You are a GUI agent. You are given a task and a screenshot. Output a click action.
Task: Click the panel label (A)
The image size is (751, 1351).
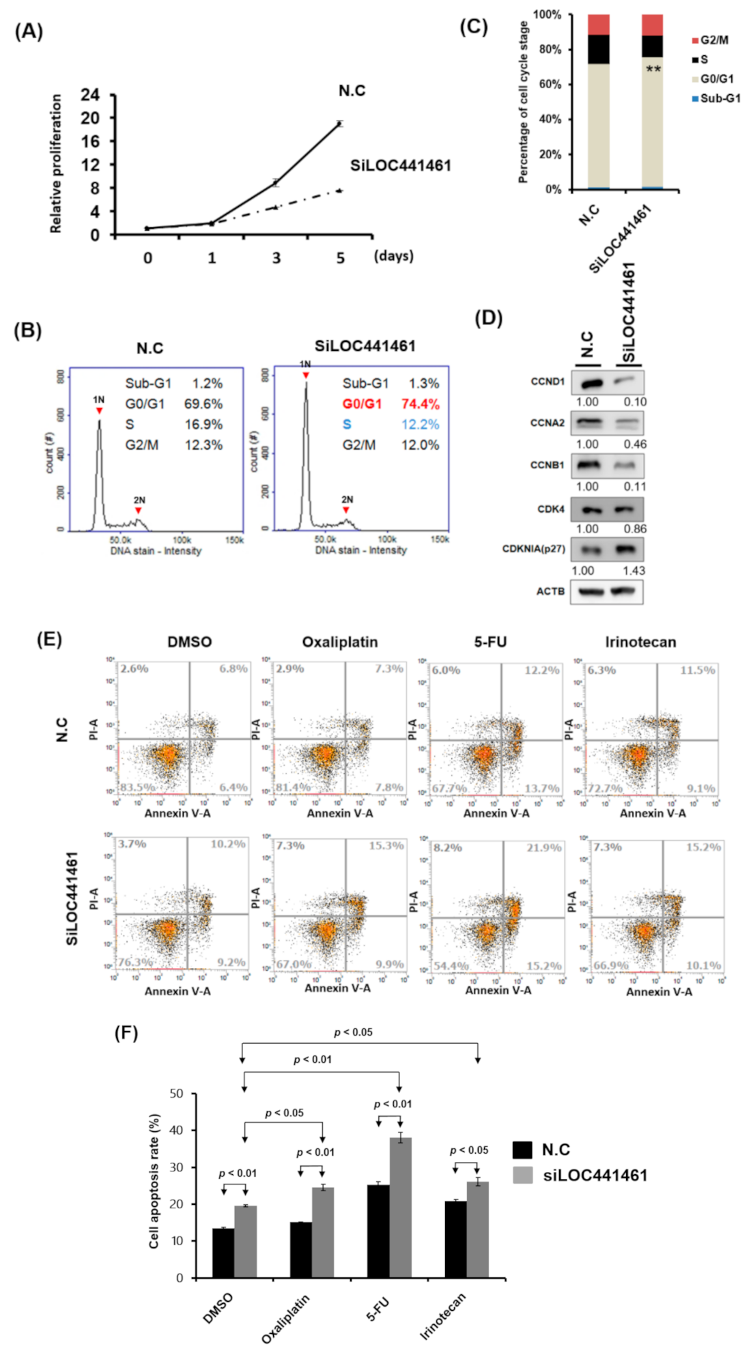click(29, 31)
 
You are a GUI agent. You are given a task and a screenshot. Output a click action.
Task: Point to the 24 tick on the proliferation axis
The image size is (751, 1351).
click(90, 95)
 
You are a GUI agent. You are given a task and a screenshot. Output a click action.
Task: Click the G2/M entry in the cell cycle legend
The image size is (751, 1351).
click(713, 40)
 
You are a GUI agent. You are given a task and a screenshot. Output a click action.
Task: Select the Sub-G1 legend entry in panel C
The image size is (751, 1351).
click(720, 98)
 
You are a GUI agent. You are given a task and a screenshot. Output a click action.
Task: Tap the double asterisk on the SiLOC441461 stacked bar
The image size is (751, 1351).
click(653, 70)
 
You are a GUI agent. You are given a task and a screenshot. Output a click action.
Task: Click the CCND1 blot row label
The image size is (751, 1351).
click(548, 382)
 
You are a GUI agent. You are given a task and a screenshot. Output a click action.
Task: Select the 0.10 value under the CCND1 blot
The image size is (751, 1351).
click(635, 402)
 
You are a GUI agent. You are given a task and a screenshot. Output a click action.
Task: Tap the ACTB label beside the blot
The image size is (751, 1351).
click(550, 591)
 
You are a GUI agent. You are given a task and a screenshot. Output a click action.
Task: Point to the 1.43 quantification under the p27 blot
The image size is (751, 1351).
click(634, 571)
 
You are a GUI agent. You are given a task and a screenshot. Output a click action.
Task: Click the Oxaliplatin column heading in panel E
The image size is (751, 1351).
click(339, 642)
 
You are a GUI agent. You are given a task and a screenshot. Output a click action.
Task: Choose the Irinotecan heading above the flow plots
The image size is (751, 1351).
click(640, 642)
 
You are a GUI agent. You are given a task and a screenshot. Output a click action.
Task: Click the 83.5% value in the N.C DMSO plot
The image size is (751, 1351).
click(137, 787)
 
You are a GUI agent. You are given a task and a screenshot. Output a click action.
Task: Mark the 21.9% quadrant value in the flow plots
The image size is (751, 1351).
click(543, 848)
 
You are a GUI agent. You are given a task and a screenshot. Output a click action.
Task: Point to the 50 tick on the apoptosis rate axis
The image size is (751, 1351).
click(176, 1094)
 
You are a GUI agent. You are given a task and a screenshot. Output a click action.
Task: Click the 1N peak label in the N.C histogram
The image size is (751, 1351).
click(99, 399)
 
